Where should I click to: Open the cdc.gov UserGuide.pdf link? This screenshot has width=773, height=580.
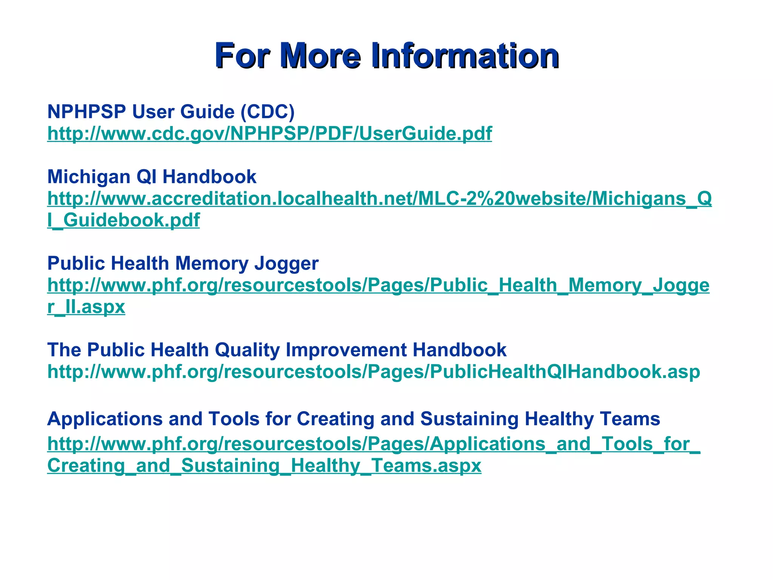(x=269, y=134)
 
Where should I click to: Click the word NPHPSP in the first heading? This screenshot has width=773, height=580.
(x=86, y=112)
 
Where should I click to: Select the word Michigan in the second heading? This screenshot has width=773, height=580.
(x=89, y=177)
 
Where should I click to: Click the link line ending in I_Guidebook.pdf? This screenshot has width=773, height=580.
(x=123, y=220)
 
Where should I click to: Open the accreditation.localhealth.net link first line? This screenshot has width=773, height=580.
(x=379, y=199)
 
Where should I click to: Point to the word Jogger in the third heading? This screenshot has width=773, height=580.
(x=286, y=263)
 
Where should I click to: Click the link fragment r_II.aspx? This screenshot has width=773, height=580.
(x=86, y=307)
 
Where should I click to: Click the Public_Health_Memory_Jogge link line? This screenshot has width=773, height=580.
(x=378, y=285)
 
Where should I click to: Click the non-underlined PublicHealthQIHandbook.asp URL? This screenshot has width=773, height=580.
(x=374, y=372)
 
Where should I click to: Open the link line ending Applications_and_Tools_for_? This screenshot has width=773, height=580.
(x=374, y=444)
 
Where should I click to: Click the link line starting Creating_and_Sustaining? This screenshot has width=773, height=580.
(x=264, y=466)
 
